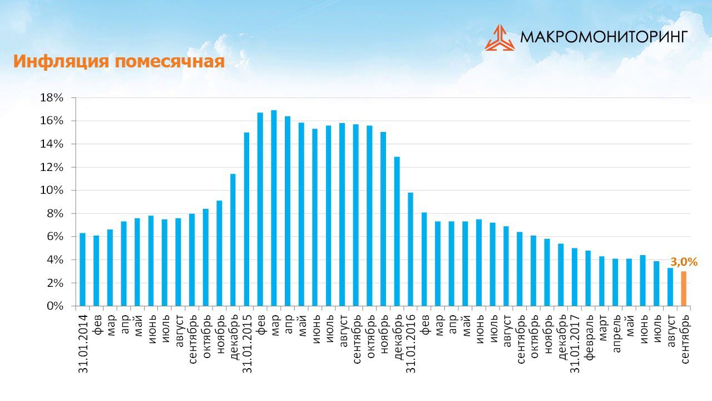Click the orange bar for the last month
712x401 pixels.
[x=684, y=288]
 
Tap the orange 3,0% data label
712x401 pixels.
[x=684, y=261]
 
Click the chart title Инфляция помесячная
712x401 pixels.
[x=118, y=61]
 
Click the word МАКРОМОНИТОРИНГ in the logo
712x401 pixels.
[x=604, y=37]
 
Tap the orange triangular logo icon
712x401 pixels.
[x=499, y=38]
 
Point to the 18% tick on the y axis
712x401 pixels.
[x=52, y=98]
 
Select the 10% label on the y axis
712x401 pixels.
[x=52, y=190]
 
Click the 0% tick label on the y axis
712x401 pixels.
[x=55, y=306]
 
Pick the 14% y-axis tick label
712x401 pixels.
[x=52, y=144]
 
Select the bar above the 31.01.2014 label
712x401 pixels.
[x=83, y=270]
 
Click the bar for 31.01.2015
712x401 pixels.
[x=247, y=219]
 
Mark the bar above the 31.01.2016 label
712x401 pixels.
[x=411, y=250]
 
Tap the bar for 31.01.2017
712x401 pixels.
[x=575, y=277]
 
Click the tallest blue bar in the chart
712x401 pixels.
[x=274, y=208]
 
